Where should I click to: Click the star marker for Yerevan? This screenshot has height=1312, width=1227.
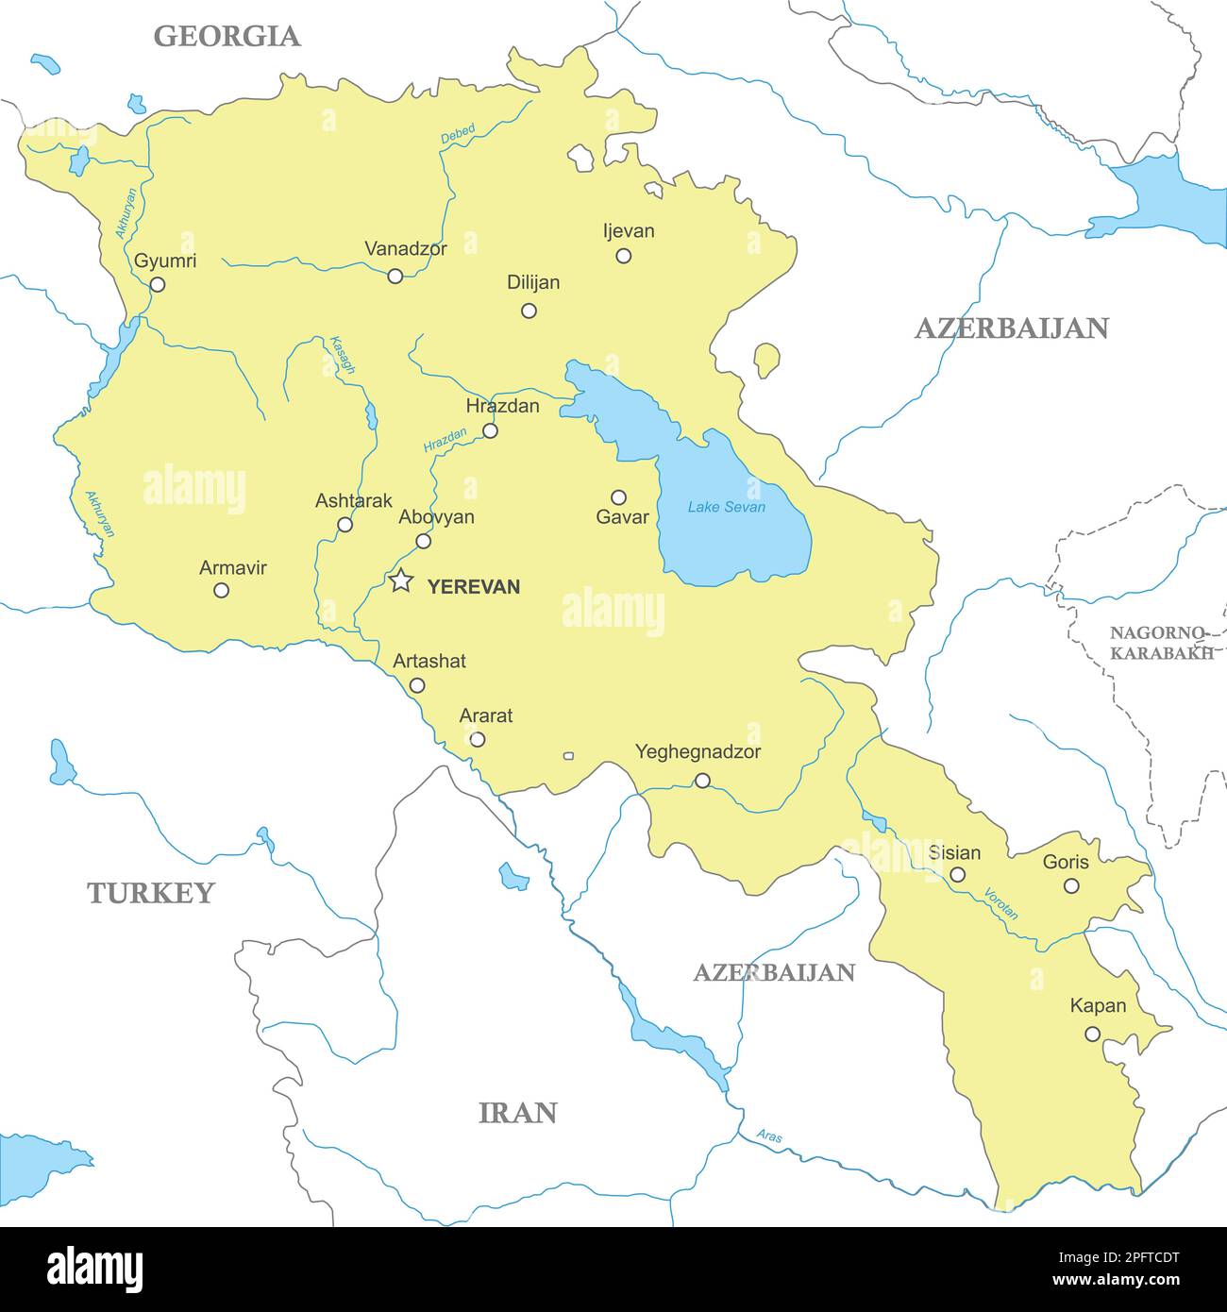(x=401, y=581)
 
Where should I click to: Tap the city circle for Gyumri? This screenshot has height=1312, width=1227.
(x=158, y=284)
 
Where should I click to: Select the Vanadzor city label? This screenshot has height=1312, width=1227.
(x=406, y=249)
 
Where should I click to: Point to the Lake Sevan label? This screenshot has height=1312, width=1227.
(x=726, y=507)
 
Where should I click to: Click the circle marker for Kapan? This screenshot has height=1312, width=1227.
(x=1092, y=1034)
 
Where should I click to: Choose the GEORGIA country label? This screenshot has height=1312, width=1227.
(x=227, y=36)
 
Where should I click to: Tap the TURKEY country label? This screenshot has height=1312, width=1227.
(x=151, y=893)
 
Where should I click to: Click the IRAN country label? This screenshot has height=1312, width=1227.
(x=518, y=1113)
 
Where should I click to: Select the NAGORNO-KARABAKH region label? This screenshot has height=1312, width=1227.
(x=1160, y=643)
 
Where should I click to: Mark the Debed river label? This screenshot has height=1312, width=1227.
(x=458, y=134)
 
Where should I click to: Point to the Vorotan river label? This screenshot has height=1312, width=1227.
(x=1000, y=903)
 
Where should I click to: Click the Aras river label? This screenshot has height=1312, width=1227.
(x=769, y=1136)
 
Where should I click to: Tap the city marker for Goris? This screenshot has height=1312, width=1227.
(x=1071, y=885)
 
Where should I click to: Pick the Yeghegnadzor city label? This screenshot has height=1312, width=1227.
(x=698, y=752)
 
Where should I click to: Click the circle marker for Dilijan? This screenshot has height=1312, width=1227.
(x=529, y=311)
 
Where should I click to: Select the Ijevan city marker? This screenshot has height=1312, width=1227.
(x=623, y=256)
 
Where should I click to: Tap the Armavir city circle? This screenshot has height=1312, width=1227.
(x=221, y=590)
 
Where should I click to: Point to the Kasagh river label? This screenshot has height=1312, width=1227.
(x=342, y=356)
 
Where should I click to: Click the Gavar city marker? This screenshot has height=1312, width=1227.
(x=618, y=497)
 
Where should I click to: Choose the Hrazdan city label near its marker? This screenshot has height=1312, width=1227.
(x=503, y=406)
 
